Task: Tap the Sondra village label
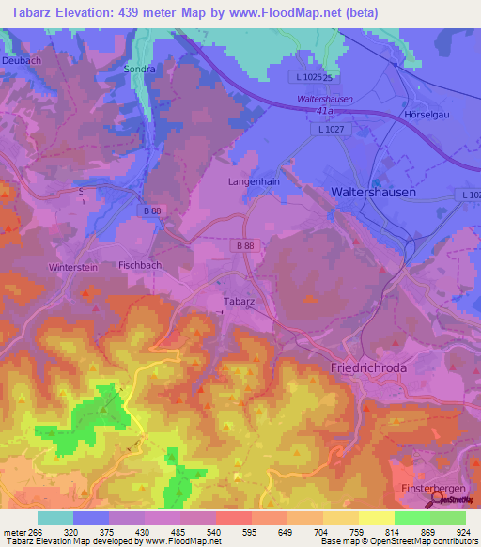(x=139, y=69)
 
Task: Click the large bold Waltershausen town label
(x=374, y=191)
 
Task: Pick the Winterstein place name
(x=73, y=267)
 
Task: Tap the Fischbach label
(x=140, y=266)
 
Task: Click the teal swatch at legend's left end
(x=55, y=517)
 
